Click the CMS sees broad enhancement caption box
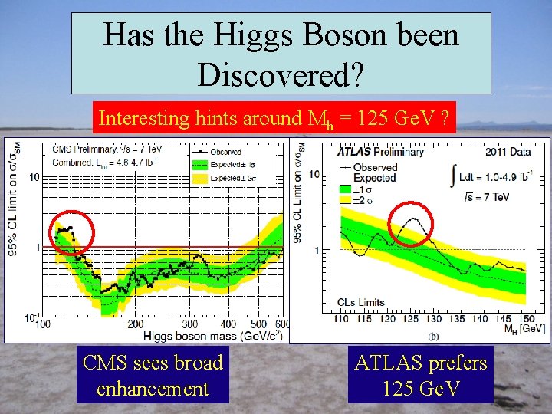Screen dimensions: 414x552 tap(153, 375)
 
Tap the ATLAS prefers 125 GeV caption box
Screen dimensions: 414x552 tap(421, 375)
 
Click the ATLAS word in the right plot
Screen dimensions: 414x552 tap(356, 152)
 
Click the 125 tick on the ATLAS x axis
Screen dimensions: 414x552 tap(412, 319)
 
